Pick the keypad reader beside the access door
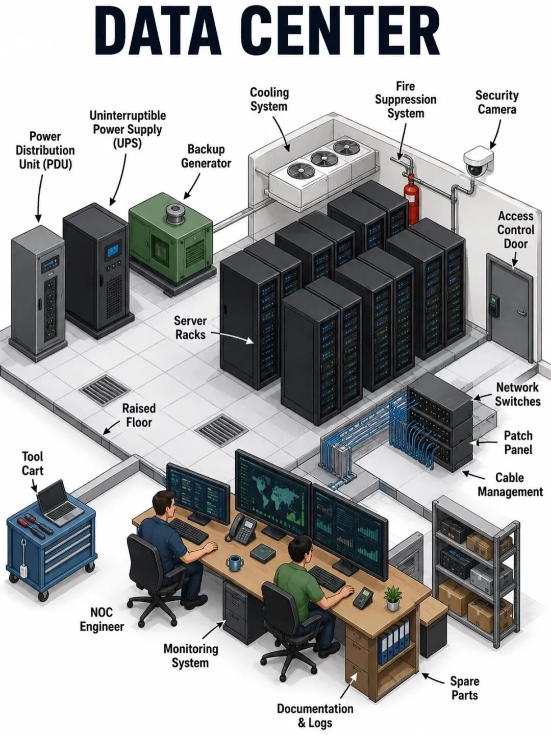point(494,304)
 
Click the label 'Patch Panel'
point(518,443)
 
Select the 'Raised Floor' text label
point(139,415)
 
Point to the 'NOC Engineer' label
point(102,620)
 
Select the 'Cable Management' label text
point(510,484)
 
